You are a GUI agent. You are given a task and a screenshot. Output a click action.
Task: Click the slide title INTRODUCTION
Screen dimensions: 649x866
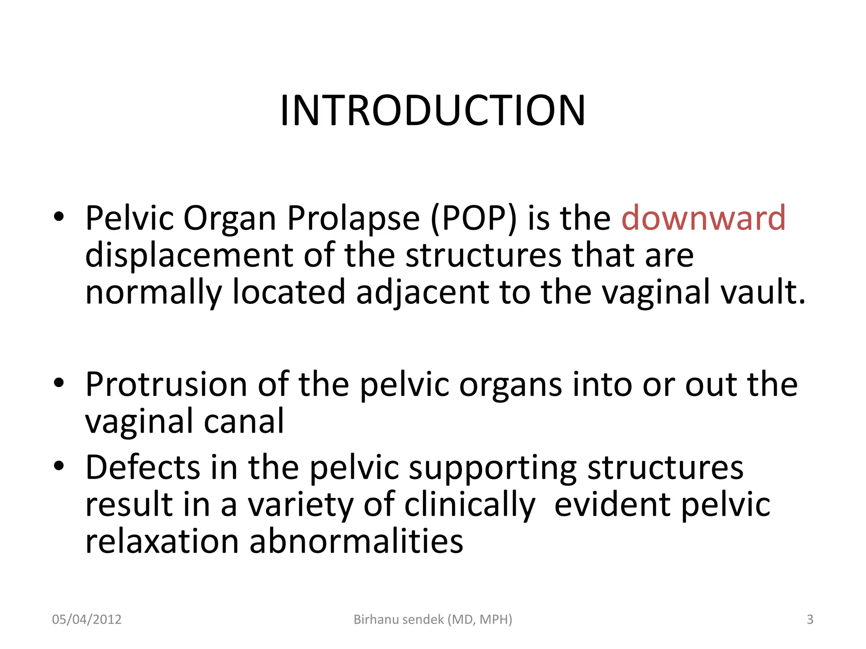click(x=433, y=111)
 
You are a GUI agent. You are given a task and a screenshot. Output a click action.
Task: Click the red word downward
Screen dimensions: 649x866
click(x=703, y=218)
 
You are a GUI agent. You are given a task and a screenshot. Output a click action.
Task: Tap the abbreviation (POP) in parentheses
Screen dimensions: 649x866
click(x=473, y=219)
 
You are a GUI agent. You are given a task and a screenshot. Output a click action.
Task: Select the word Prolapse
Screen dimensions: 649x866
click(x=354, y=219)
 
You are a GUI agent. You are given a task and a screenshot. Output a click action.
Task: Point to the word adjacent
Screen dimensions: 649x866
click(x=422, y=292)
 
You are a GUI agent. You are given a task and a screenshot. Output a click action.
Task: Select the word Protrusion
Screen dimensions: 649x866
click(x=166, y=384)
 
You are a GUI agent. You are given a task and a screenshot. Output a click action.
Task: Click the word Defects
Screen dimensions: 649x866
click(x=143, y=467)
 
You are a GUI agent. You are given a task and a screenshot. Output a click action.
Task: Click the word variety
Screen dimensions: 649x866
click(x=300, y=505)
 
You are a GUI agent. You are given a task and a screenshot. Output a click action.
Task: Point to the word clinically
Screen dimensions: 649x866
click(x=469, y=505)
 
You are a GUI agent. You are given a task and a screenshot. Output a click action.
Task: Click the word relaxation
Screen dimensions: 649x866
click(x=162, y=542)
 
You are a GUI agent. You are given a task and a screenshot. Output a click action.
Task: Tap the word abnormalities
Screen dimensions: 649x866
click(x=356, y=542)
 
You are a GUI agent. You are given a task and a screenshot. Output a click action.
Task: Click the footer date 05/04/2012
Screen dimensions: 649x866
click(x=87, y=619)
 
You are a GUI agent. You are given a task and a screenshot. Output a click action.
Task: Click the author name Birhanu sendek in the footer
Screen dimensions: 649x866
click(x=399, y=619)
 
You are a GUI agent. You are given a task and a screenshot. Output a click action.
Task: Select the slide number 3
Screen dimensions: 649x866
click(x=810, y=619)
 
